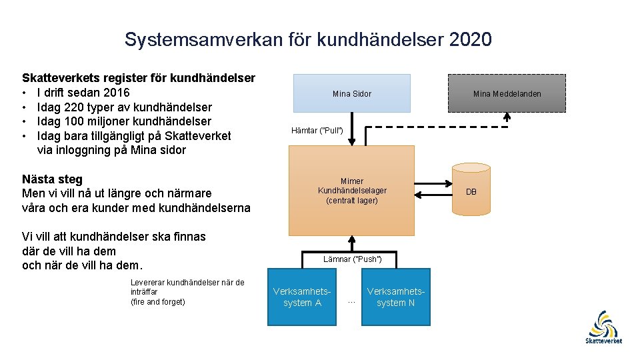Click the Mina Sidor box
tap(352, 93)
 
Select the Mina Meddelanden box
tap(507, 93)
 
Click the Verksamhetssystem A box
tap(302, 297)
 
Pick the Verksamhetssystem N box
tap(395, 297)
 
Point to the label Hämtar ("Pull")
tap(317, 130)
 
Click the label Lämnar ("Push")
tap(352, 259)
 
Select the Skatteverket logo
tap(603, 327)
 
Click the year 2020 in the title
tap(471, 40)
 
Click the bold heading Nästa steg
tap(52, 179)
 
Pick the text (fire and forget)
tap(157, 302)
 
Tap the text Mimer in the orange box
tap(352, 181)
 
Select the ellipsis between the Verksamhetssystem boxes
tap(352, 301)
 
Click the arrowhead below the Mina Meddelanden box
tap(507, 116)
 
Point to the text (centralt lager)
tap(352, 200)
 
